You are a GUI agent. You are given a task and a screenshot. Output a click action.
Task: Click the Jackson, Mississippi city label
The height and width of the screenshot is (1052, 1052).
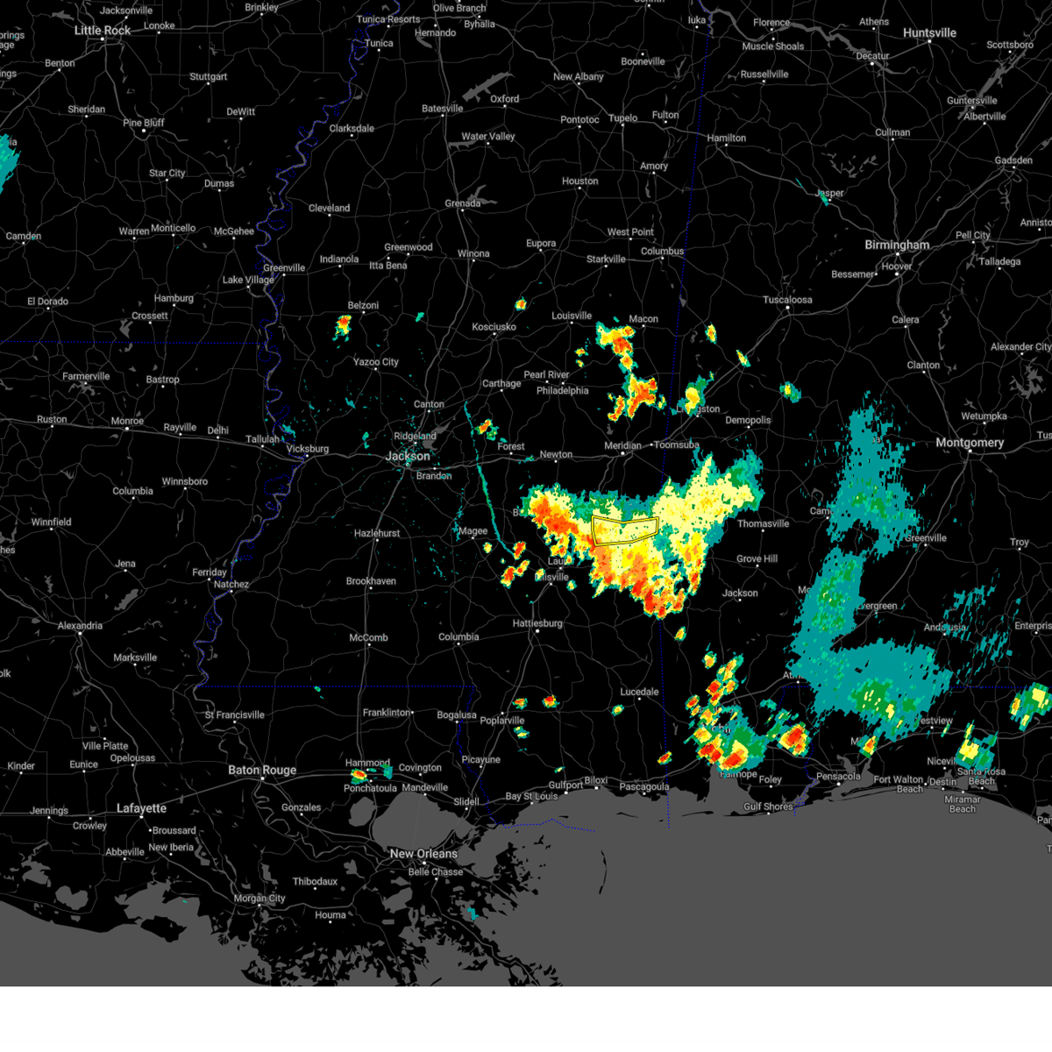pos(408,456)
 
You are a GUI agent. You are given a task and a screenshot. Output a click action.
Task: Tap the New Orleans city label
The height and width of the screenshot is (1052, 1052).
pos(423,854)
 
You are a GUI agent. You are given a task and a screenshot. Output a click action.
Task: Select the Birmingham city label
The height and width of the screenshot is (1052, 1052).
pos(897,245)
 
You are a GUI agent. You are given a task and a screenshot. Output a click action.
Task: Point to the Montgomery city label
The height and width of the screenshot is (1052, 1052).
pos(969,443)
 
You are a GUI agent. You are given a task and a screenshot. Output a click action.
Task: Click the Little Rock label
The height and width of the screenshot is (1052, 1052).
pos(103,31)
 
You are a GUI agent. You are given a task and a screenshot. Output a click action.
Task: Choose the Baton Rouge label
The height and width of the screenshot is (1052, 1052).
pos(262,771)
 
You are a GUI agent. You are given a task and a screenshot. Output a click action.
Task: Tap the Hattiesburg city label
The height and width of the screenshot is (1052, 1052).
pos(537,623)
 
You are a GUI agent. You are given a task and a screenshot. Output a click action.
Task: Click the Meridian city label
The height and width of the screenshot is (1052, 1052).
pos(622,445)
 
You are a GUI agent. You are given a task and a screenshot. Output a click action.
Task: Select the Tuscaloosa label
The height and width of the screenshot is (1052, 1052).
pos(787,300)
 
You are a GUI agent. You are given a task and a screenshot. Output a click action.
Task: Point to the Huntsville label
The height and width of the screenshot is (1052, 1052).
pos(929,33)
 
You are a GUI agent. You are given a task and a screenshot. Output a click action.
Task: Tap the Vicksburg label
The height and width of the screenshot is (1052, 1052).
pos(308,449)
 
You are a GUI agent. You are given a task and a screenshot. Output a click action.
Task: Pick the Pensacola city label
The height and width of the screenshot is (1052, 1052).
pos(838,776)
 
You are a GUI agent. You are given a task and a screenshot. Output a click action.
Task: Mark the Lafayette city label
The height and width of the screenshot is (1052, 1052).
pos(141,808)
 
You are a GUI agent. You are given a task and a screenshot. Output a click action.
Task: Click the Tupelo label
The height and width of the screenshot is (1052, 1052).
pos(623,117)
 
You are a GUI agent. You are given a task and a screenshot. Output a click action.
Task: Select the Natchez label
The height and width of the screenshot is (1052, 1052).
pos(231,585)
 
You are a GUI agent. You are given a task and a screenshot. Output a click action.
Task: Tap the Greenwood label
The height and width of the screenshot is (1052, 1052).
pos(409,247)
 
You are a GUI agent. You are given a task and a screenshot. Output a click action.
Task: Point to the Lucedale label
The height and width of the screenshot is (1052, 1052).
pos(639,692)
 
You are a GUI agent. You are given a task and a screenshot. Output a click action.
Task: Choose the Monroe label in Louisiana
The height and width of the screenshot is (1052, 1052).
pos(127,422)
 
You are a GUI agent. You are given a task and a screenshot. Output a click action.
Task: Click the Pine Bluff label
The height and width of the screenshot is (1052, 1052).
pos(144,123)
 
